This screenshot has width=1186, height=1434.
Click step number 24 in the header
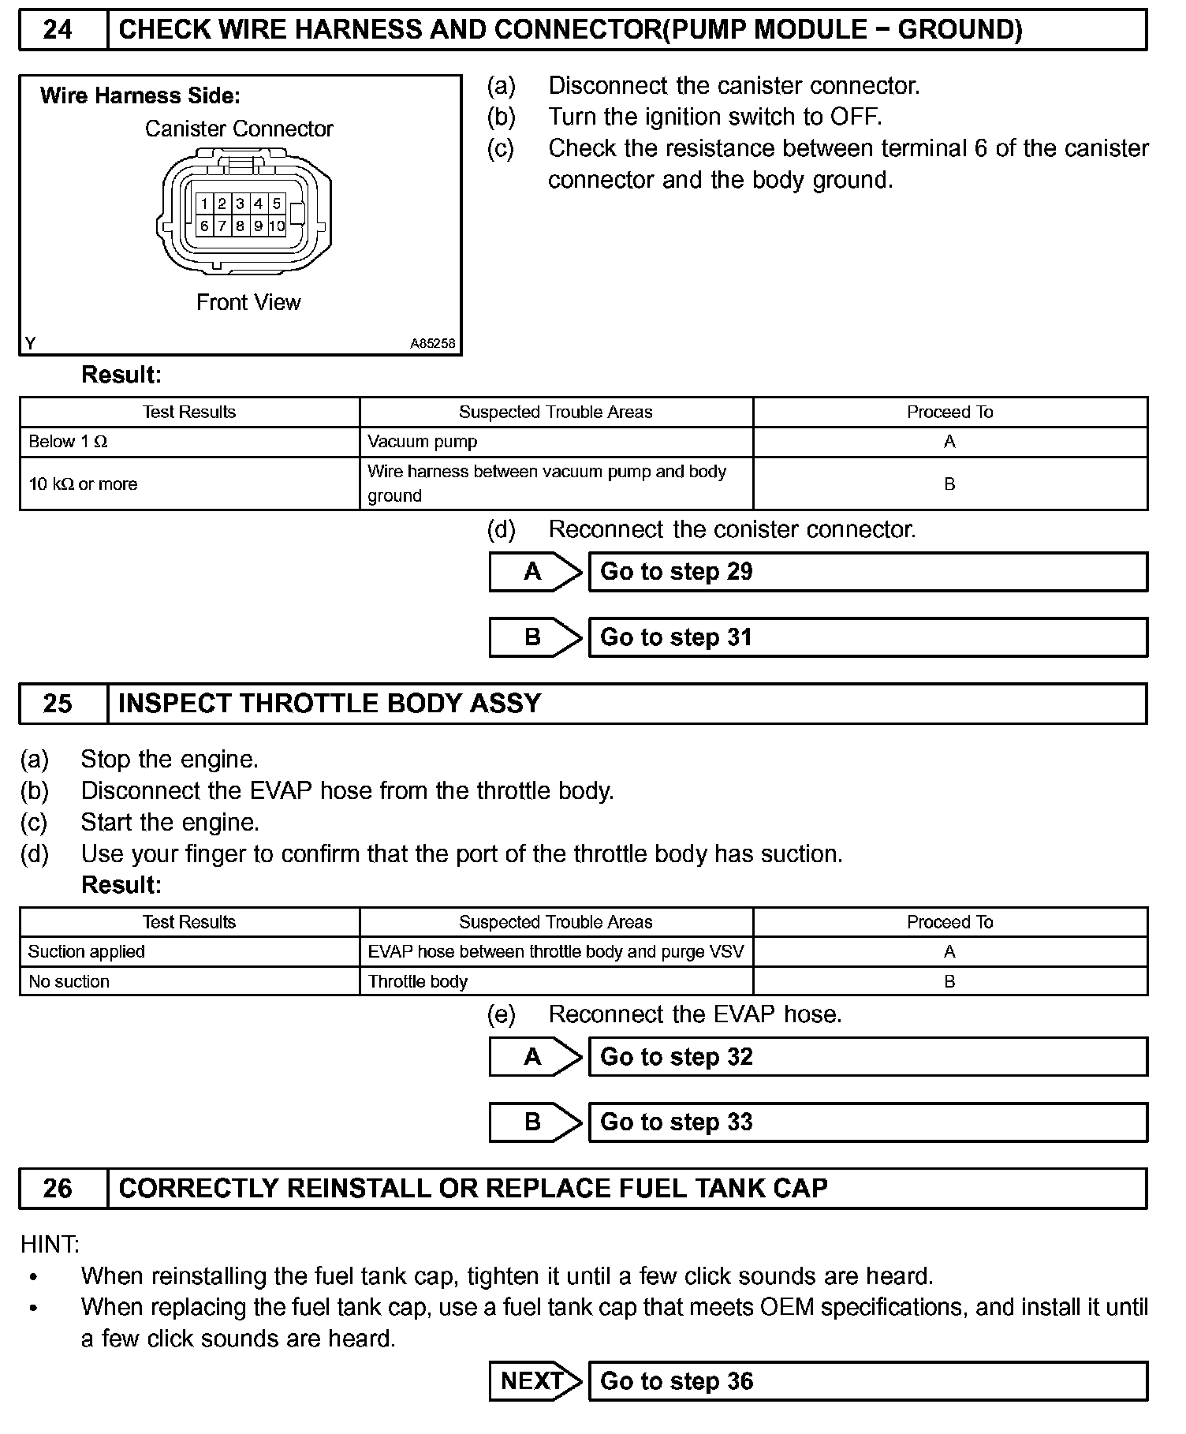click(58, 30)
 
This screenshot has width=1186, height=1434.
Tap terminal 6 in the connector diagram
click(204, 226)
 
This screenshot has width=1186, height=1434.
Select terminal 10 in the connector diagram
click(276, 226)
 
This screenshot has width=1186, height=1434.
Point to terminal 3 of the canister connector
click(240, 204)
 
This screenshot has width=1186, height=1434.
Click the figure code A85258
click(432, 344)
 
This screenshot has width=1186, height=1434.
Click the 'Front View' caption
click(248, 302)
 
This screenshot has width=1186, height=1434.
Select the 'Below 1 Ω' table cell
click(189, 442)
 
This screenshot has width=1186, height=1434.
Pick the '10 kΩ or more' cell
click(189, 484)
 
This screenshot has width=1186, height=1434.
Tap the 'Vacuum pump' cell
click(556, 442)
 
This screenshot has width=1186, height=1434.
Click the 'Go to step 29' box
click(867, 572)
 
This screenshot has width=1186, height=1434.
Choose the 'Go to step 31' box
click(867, 637)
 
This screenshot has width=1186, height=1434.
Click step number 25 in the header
click(58, 704)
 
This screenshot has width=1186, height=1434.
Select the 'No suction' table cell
click(189, 981)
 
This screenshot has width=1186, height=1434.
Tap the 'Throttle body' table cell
click(556, 981)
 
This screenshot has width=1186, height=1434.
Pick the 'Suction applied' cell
click(189, 951)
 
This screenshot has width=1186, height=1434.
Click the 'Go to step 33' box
click(867, 1122)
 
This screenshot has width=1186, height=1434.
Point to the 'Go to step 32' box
click(867, 1057)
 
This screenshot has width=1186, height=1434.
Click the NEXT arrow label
click(533, 1381)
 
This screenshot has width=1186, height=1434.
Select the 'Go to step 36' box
click(867, 1381)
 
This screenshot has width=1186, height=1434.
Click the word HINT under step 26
click(50, 1245)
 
